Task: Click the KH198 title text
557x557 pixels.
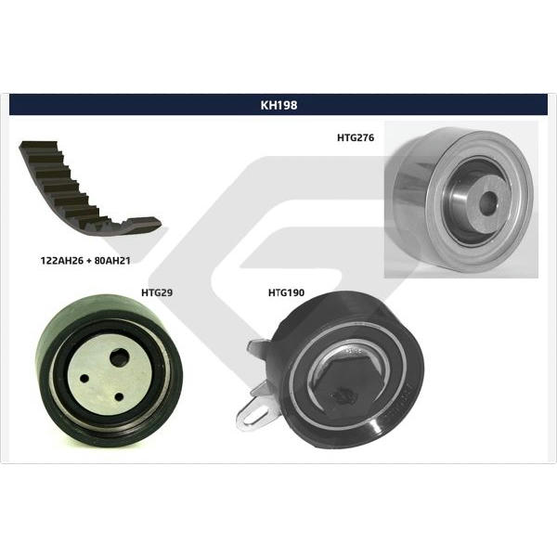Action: (278, 105)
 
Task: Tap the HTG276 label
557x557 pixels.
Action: (356, 137)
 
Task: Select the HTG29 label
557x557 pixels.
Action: (157, 292)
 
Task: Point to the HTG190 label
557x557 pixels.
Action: (286, 292)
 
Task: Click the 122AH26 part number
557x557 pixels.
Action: (62, 261)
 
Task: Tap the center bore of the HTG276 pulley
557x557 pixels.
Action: (487, 203)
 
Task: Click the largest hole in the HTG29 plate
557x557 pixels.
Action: (119, 357)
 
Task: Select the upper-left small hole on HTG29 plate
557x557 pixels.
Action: (84, 379)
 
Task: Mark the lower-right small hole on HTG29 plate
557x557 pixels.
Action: (119, 397)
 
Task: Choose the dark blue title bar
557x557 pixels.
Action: (278, 104)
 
